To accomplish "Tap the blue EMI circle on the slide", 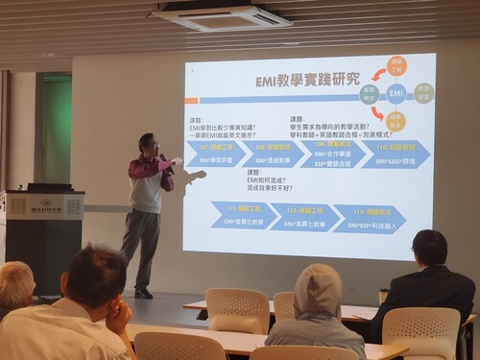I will pyautogui.click(x=396, y=93).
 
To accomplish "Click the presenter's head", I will pyautogui.click(x=147, y=144).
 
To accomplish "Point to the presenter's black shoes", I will pyautogui.click(x=144, y=293).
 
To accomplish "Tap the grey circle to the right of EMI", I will pyautogui.click(x=424, y=92).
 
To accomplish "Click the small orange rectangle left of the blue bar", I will pyautogui.click(x=191, y=99).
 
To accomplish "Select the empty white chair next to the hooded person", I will pyautogui.click(x=236, y=309).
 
